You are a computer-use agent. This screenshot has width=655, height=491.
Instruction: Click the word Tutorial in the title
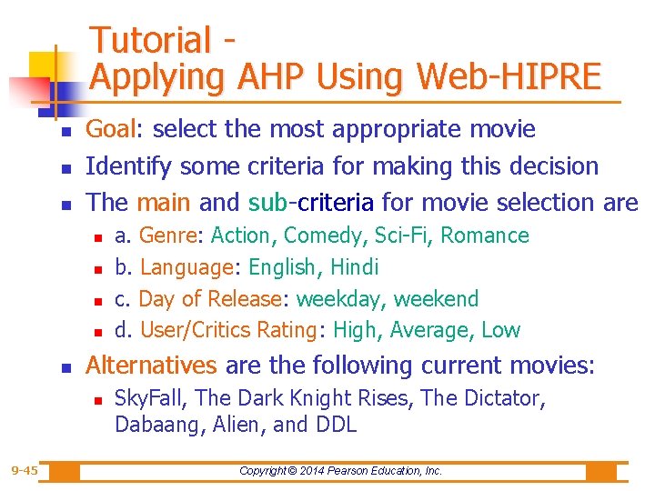click(151, 40)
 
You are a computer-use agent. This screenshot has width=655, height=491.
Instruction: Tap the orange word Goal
click(108, 130)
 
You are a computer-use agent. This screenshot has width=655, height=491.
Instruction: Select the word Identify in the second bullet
click(128, 166)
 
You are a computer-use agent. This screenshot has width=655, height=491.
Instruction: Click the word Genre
click(168, 235)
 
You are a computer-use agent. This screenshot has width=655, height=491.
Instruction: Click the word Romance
click(487, 235)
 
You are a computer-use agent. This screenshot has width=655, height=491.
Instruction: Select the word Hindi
click(354, 267)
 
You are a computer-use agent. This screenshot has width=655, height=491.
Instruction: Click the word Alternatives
click(151, 366)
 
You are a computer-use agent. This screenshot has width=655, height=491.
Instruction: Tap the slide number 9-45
click(25, 470)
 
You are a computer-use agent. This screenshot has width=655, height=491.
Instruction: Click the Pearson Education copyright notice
click(340, 471)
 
